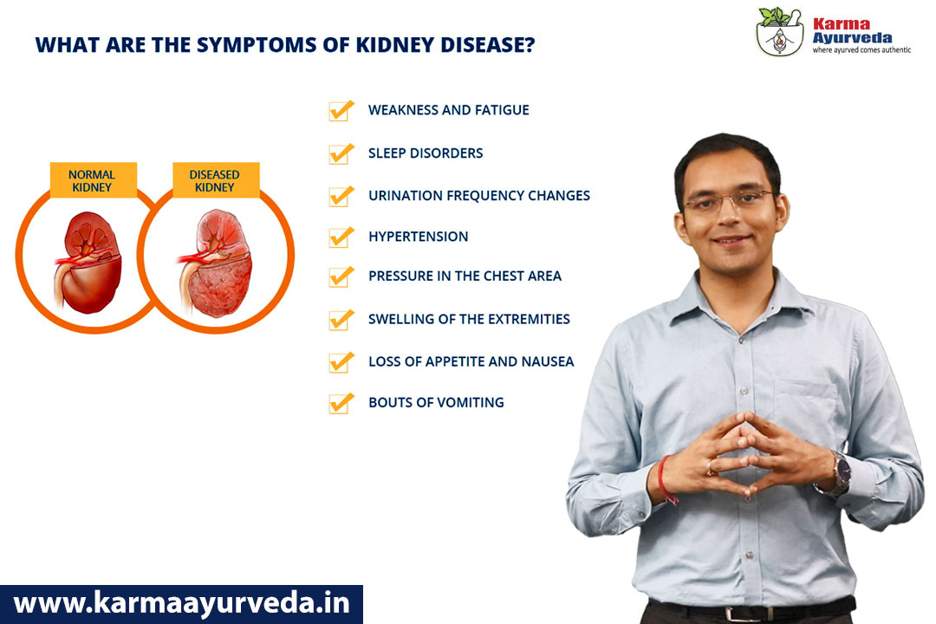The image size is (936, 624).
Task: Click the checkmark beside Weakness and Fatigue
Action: click(341, 110)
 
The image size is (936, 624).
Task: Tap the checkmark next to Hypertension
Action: click(341, 237)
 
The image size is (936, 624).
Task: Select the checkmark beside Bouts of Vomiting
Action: click(341, 403)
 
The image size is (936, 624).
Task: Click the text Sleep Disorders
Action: click(426, 153)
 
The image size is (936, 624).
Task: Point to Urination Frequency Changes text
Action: click(478, 195)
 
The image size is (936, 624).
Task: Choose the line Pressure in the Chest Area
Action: click(465, 276)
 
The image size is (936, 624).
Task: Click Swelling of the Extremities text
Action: click(469, 319)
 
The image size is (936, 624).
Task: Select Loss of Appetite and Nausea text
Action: click(471, 361)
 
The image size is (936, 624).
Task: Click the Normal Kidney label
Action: click(93, 180)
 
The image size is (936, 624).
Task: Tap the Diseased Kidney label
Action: click(216, 180)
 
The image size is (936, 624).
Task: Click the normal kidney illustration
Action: click(89, 262)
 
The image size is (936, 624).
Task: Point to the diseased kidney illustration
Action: click(216, 263)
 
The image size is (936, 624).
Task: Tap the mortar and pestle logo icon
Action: click(780, 32)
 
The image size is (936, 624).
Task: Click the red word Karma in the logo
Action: click(842, 24)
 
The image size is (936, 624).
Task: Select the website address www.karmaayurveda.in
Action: click(181, 603)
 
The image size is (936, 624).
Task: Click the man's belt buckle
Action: click(738, 614)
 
